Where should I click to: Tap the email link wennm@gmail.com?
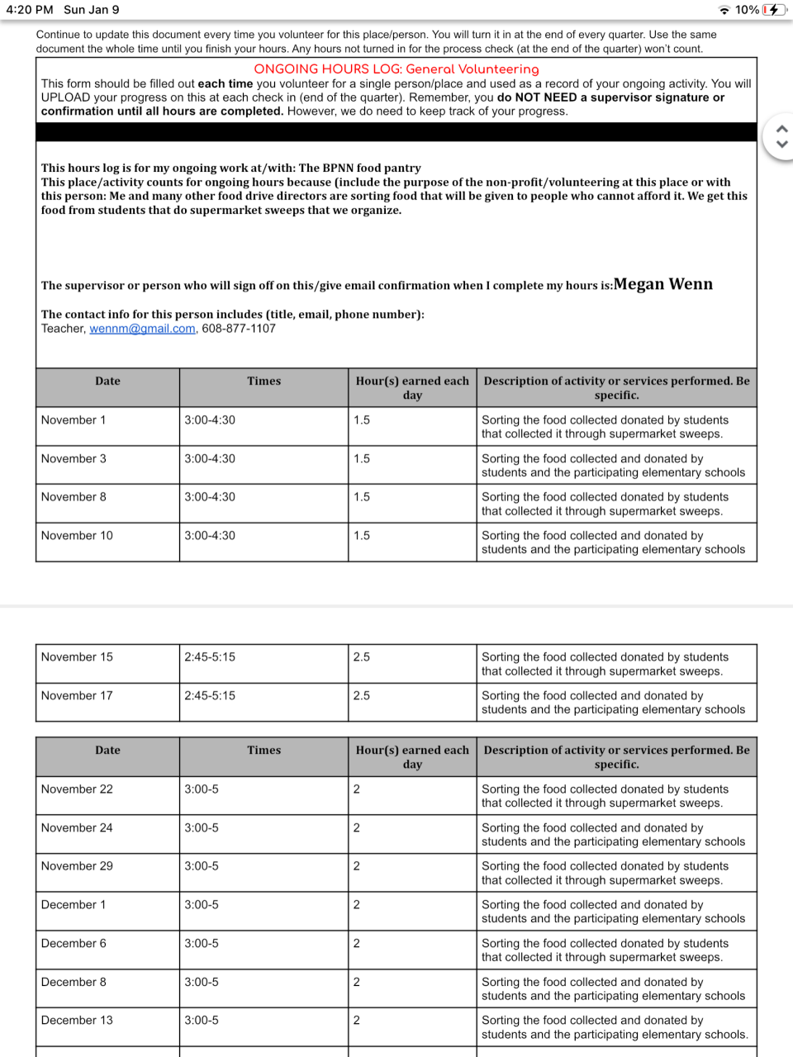coord(142,329)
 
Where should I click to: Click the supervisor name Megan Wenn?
coord(662,284)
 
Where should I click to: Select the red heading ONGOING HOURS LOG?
coord(396,69)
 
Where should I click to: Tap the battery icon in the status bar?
coord(774,10)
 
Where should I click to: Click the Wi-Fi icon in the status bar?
coord(724,10)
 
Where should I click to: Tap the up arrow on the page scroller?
coord(782,129)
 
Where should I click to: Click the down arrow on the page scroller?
coord(782,145)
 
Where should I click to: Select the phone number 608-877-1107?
coord(239,329)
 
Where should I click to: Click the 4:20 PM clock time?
coord(30,10)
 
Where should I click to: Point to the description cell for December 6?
coord(615,950)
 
